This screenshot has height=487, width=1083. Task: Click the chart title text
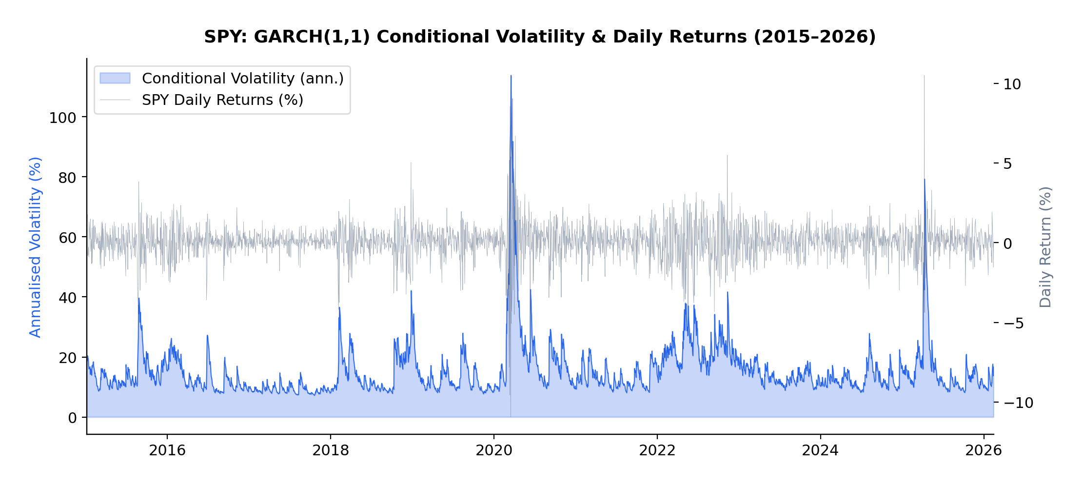tap(540, 37)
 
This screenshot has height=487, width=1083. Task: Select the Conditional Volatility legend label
tap(243, 79)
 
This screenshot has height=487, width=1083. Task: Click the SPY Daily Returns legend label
tap(222, 100)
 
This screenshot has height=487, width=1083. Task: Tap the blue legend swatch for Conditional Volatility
tap(115, 79)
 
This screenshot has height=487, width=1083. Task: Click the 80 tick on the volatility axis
tap(67, 178)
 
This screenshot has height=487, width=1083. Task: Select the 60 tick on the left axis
tap(67, 238)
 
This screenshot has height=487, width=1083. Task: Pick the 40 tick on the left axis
tap(67, 298)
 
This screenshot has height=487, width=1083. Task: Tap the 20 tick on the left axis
tap(67, 358)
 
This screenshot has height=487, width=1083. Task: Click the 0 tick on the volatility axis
tap(72, 418)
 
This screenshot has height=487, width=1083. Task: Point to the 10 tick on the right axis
tap(1012, 84)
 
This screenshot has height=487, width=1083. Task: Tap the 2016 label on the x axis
tap(167, 450)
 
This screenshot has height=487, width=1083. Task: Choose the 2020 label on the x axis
tap(494, 450)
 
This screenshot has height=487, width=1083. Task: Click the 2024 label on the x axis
tap(820, 450)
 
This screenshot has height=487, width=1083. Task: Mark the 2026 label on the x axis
tap(984, 450)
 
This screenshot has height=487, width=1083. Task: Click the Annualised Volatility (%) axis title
tap(36, 247)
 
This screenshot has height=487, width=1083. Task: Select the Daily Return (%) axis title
tap(1045, 247)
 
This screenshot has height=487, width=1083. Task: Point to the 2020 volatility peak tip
tap(511, 76)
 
